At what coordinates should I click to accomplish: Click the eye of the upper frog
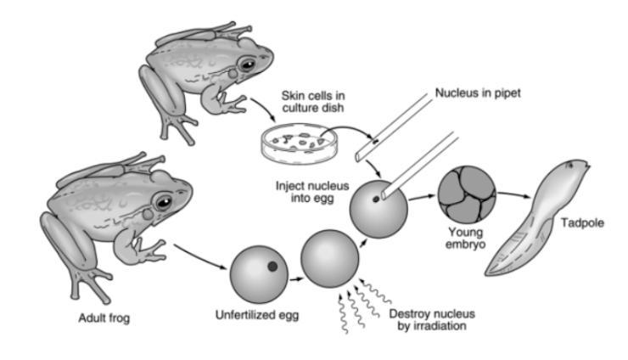[247, 65]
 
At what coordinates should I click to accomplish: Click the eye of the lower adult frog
[162, 204]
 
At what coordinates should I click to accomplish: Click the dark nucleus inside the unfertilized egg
[272, 267]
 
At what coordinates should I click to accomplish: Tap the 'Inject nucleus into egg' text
[306, 191]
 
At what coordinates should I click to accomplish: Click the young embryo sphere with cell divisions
[466, 194]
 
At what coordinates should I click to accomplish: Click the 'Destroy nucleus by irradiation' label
[427, 319]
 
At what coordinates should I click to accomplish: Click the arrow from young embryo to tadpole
[511, 194]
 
